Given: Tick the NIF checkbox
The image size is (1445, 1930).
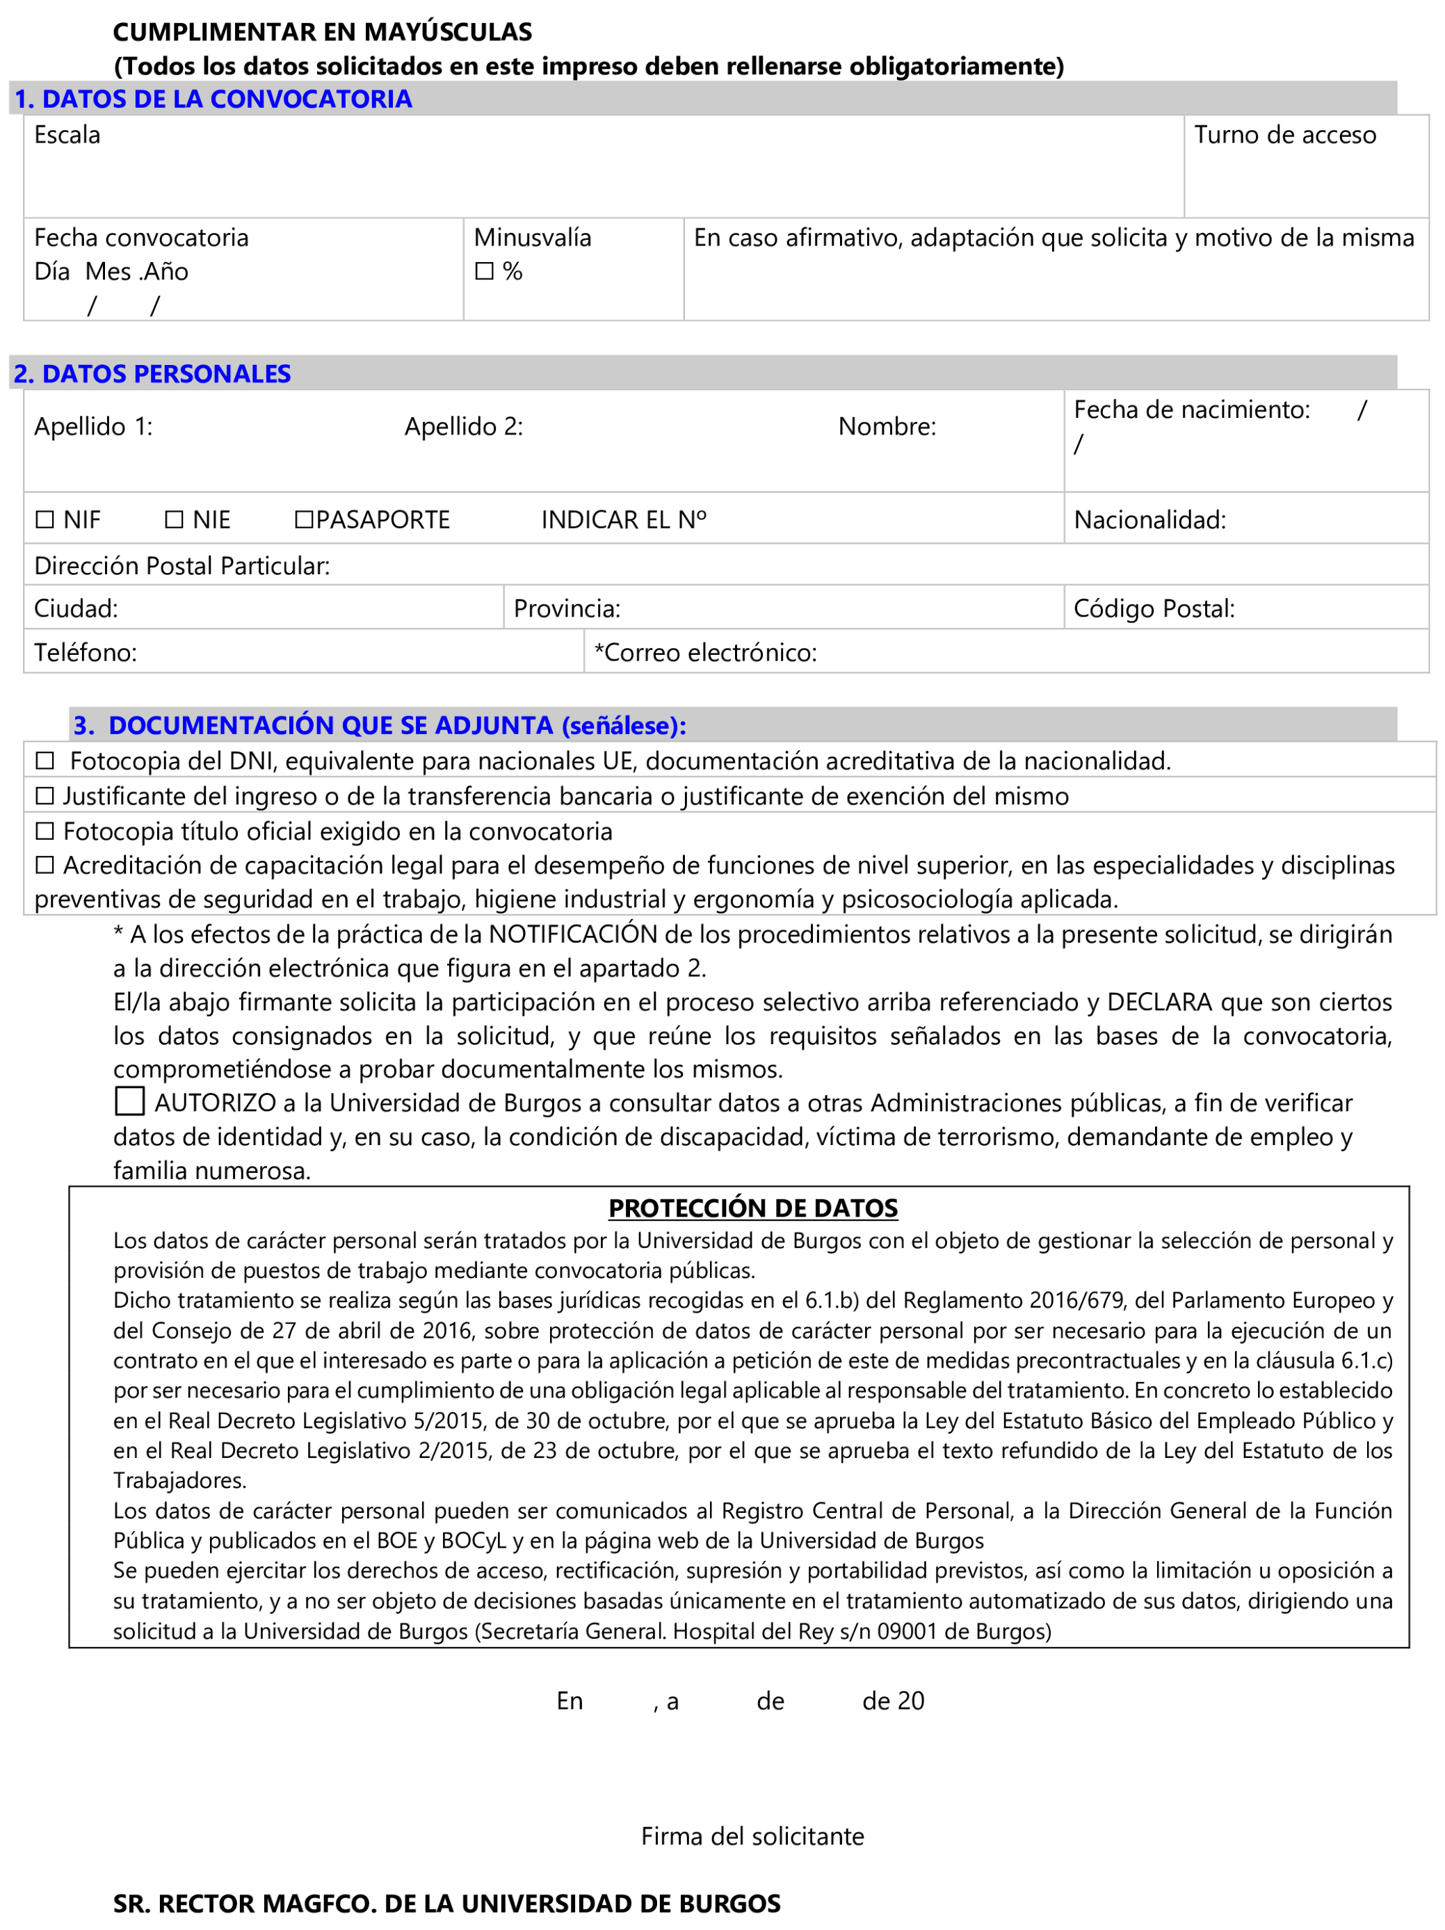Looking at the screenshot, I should [x=45, y=520].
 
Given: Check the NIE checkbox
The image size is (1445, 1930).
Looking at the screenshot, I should [x=174, y=520].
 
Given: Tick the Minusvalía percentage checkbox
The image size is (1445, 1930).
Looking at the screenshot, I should [x=484, y=271].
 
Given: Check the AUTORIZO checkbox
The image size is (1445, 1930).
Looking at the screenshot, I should [x=130, y=1101].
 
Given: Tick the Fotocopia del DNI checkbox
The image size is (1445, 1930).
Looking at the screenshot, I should [x=45, y=761].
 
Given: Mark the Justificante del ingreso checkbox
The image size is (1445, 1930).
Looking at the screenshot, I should [x=45, y=796].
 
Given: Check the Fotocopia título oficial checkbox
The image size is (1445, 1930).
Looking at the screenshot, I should [x=45, y=831].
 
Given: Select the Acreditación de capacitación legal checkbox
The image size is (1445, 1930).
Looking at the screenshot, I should [x=45, y=865].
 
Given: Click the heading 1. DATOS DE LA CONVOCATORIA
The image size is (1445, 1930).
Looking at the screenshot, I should [x=213, y=99].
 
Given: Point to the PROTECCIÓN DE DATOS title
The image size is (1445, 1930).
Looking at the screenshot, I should [x=752, y=1208].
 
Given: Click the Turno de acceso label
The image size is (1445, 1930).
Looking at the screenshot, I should [x=1284, y=136].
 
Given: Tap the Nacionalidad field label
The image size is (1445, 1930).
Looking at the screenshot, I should [x=1149, y=520].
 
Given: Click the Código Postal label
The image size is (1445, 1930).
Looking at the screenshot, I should [x=1154, y=608].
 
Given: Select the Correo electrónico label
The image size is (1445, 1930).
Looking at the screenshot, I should [x=705, y=653].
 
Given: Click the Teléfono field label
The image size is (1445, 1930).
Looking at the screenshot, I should [x=86, y=653].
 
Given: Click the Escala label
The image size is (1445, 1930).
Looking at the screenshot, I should [x=67, y=136].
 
